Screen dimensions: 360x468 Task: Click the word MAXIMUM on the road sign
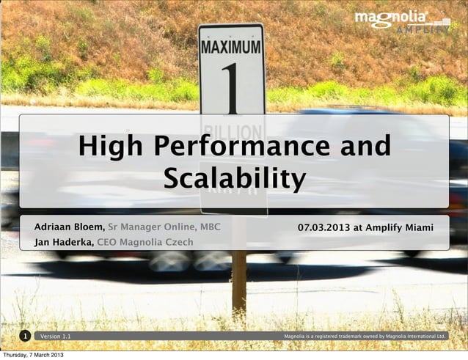point(231,47)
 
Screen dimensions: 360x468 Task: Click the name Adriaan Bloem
point(70,227)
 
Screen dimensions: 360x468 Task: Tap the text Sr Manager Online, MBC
point(164,227)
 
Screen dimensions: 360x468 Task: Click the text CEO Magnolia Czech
point(145,242)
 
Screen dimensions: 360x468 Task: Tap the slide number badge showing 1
point(25,337)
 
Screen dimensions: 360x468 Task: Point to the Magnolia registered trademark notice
point(365,337)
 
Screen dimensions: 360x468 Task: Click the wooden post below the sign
point(238,282)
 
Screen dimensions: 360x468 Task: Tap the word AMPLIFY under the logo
point(423,30)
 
